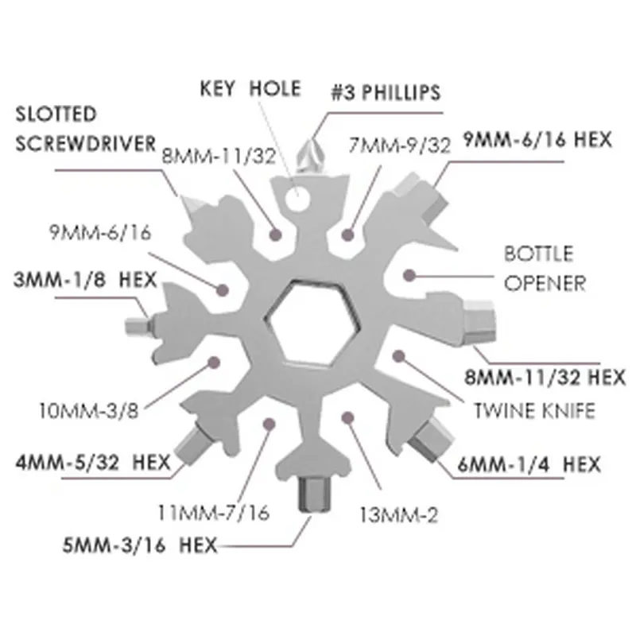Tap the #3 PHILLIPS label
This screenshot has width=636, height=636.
[x=386, y=93]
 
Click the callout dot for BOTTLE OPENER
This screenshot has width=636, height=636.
[x=409, y=273]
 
